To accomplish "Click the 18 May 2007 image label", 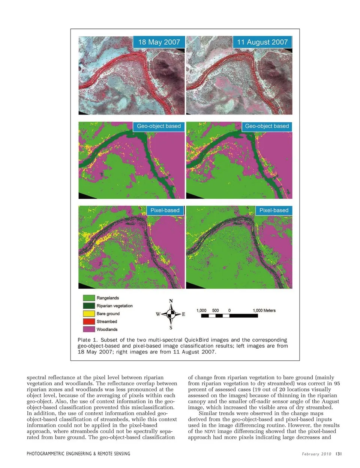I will (159, 42).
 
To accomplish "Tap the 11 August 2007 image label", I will (262, 42).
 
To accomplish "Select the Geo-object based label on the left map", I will (159, 126).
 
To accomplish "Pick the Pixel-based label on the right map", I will (274, 210).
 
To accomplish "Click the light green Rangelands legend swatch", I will (89, 298).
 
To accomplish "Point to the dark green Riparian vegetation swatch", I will (89, 305).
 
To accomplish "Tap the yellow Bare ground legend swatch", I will (89, 313).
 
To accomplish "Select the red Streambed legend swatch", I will (89, 321).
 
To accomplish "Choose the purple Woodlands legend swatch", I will (89, 329).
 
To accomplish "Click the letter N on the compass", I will (171, 301).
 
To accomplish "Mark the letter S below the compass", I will (171, 328).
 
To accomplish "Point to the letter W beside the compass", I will (158, 314).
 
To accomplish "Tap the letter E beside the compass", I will (183, 314).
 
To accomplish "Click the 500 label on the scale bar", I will (215, 310).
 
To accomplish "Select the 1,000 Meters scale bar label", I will (264, 310).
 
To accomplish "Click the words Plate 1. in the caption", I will (87, 340).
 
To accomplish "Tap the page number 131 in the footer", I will (339, 454).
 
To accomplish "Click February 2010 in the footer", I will (316, 454).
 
